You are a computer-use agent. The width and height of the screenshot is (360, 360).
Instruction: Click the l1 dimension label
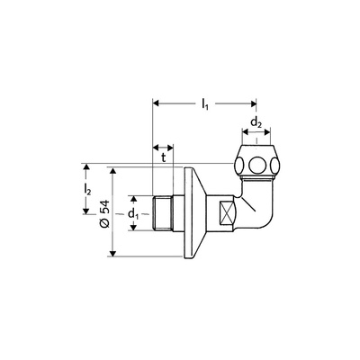pyautogui.click(x=205, y=104)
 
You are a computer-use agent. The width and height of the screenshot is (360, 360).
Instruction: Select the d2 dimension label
pyautogui.click(x=256, y=122)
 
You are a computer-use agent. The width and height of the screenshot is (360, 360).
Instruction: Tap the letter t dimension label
pyautogui.click(x=164, y=157)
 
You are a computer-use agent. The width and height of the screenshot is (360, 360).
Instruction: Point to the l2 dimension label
pyautogui.click(x=87, y=190)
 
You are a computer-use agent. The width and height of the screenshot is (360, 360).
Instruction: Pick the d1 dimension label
pyautogui.click(x=134, y=214)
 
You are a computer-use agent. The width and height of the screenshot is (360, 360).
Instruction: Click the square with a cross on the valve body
pyautogui.click(x=227, y=213)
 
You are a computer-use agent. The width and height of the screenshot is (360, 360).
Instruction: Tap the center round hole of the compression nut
pyautogui.click(x=256, y=164)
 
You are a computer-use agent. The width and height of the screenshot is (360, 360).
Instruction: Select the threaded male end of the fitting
pyautogui.click(x=162, y=213)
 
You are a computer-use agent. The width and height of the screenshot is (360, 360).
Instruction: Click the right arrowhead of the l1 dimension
pyautogui.click(x=254, y=103)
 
